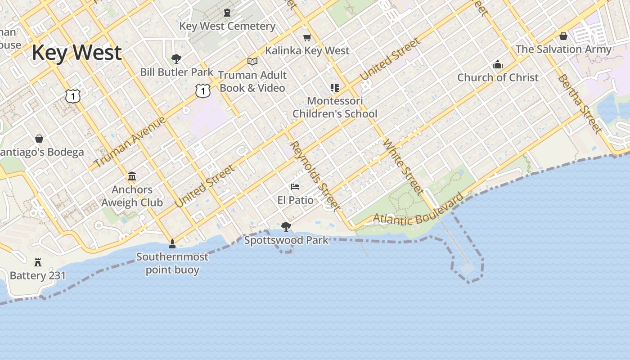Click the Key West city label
pyautogui.click(x=76, y=53)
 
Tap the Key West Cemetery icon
pyautogui.click(x=227, y=13)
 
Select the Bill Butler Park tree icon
pyautogui.click(x=176, y=58)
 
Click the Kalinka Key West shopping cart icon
pyautogui.click(x=307, y=37)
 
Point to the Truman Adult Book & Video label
pyautogui.click(x=252, y=81)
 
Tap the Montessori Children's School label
pyautogui.click(x=335, y=108)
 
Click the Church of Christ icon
pyautogui.click(x=497, y=64)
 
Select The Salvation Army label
pyautogui.click(x=563, y=49)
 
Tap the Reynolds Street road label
pyautogui.click(x=315, y=176)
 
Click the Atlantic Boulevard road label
pyautogui.click(x=418, y=211)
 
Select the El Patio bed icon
pyautogui.click(x=295, y=186)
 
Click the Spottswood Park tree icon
pyautogui.click(x=286, y=226)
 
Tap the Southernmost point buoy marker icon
pyautogui.click(x=172, y=244)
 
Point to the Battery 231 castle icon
pyautogui.click(x=38, y=262)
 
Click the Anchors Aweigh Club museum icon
pyautogui.click(x=132, y=176)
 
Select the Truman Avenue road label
pyautogui.click(x=130, y=142)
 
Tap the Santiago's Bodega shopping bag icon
pyautogui.click(x=39, y=139)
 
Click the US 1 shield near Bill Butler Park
pyautogui.click(x=203, y=91)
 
